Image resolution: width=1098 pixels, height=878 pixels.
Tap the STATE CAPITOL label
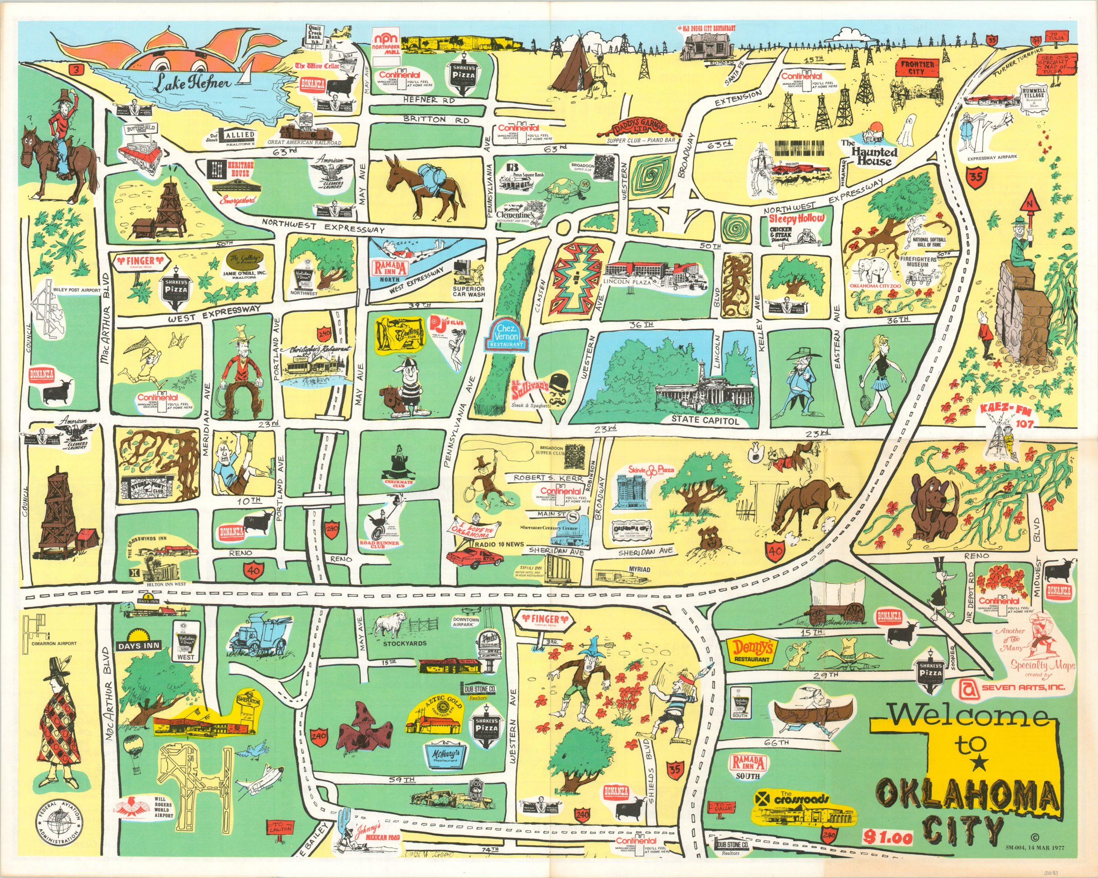(704, 421)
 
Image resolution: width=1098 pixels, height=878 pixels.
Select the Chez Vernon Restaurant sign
(506, 337)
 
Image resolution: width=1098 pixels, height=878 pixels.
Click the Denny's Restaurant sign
(752, 650)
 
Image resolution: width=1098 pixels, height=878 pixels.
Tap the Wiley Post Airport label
(76, 290)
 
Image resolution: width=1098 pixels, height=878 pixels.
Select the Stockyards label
(404, 643)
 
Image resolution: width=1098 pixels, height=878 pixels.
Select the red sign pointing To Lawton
(281, 829)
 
